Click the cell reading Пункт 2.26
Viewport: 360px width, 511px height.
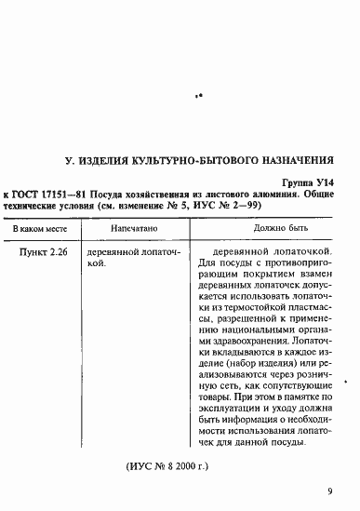pyautogui.click(x=41, y=252)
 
